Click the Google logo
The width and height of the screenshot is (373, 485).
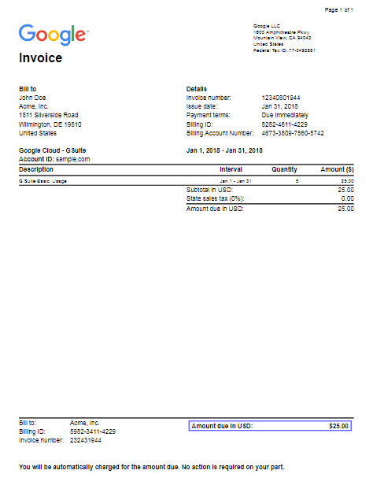(x=53, y=35)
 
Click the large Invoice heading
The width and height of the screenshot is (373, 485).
(x=40, y=58)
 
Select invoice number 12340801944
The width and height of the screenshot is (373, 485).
(x=280, y=98)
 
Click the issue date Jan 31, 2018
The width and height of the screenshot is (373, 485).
(x=279, y=106)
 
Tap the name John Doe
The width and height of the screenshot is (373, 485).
(x=33, y=98)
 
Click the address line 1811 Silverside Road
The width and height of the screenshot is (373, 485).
(x=48, y=115)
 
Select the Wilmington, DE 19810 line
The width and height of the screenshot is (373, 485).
(x=50, y=124)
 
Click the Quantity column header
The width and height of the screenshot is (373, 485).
(x=285, y=169)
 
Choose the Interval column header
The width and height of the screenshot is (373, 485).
(x=231, y=169)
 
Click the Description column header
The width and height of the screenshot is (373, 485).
(x=36, y=169)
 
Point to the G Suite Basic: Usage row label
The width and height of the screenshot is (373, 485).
(x=42, y=181)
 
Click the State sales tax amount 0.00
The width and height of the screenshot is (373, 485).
(x=346, y=199)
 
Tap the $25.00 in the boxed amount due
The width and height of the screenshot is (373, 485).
(x=338, y=426)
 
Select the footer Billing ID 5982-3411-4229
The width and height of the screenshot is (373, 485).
(x=93, y=431)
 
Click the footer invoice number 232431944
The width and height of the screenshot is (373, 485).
(x=86, y=440)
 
